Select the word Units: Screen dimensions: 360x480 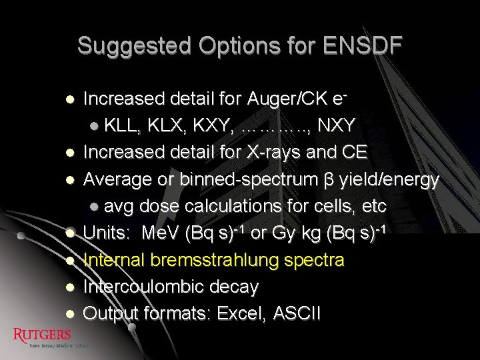[x=106, y=233]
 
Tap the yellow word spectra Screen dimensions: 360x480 [x=314, y=260]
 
